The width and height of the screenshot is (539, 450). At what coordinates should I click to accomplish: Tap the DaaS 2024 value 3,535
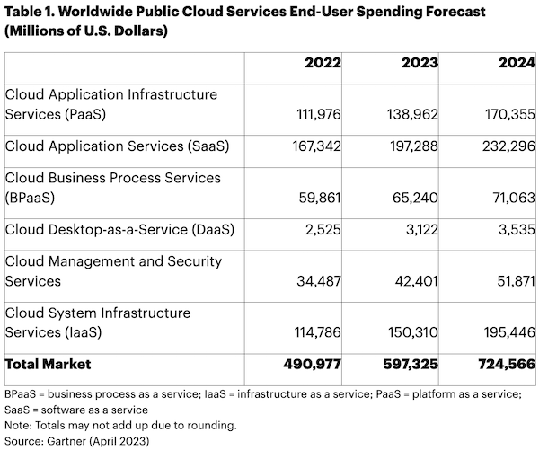pos(514,229)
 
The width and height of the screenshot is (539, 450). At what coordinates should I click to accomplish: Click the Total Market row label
pos(49,365)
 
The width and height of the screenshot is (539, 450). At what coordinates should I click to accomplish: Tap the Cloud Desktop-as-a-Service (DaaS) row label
pos(119,229)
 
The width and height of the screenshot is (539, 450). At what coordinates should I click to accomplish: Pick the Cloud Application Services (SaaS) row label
pos(114,146)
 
